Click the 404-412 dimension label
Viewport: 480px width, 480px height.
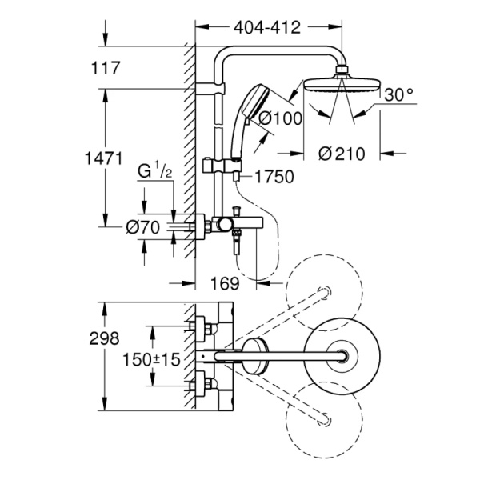tap(266, 27)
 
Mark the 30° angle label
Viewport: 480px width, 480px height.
tap(399, 95)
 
